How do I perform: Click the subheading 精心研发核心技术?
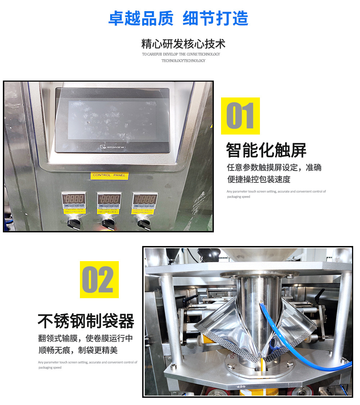pos(184,44)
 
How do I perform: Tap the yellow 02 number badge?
pos(99,279)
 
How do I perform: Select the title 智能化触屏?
pos(266,150)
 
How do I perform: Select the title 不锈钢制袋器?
pos(86,321)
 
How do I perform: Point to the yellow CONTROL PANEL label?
pos(109,175)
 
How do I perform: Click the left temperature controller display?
pos(74,199)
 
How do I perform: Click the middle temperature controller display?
pos(109,199)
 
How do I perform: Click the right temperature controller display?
pos(144,199)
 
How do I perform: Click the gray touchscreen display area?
pos(112,119)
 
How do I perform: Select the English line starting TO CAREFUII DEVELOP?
pos(181,54)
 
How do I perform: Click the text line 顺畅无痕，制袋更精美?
pos(78,350)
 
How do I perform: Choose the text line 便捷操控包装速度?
pos(258,179)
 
